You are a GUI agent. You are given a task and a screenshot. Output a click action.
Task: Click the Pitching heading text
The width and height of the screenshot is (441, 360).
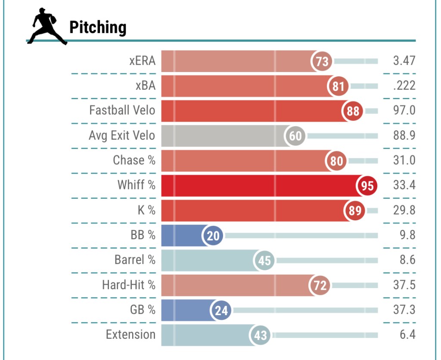click(98, 28)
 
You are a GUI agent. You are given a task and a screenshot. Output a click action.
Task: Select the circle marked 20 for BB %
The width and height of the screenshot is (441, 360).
click(213, 236)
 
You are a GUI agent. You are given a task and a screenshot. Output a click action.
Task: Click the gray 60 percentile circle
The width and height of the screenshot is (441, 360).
click(295, 136)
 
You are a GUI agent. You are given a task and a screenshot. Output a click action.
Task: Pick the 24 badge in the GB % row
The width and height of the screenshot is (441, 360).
click(221, 310)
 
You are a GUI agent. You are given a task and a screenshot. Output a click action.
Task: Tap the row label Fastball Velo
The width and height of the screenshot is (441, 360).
click(122, 110)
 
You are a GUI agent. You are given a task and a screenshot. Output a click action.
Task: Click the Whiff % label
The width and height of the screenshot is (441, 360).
click(137, 185)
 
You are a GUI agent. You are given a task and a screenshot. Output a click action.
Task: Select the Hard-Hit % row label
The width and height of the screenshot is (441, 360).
click(129, 285)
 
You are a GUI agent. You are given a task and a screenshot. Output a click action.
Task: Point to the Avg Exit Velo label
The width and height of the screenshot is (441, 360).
click(122, 135)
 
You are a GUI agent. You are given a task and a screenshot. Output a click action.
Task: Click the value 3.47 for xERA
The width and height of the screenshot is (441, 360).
click(404, 60)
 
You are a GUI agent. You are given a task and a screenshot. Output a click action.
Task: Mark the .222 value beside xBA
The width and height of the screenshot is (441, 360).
click(404, 85)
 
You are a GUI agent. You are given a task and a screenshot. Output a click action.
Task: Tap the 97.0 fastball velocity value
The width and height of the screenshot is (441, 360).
click(404, 110)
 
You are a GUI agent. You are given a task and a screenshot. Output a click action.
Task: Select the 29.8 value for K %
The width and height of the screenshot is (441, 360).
click(404, 210)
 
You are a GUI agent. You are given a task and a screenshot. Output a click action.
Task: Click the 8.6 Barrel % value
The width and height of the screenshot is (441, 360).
click(407, 260)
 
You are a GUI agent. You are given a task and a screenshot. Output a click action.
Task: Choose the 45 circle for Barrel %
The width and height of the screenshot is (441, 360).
click(264, 261)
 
